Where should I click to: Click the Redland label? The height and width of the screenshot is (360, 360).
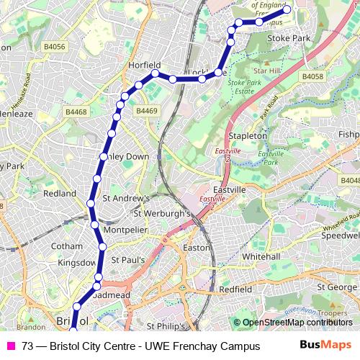click(60, 194)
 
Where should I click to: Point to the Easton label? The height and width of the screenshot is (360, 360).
click(196, 247)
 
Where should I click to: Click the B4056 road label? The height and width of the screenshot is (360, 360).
click(54, 47)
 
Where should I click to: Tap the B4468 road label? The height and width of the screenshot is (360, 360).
click(76, 112)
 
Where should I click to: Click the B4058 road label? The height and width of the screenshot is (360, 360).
click(312, 76)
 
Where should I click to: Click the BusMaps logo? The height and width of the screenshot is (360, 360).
click(325, 346)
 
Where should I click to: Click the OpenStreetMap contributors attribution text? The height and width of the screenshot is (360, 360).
click(296, 323)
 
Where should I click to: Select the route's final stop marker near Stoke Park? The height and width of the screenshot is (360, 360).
click(287, 9)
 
